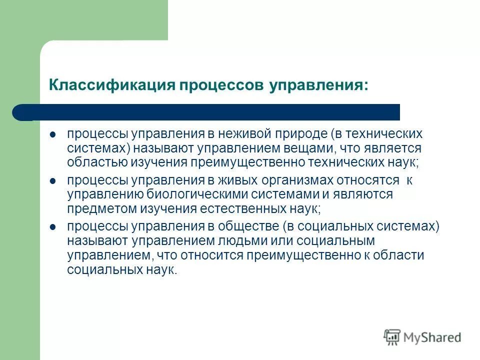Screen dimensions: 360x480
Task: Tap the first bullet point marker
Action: click(x=53, y=135)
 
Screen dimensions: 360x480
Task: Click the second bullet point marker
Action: click(x=53, y=181)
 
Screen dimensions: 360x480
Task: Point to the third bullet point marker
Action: click(x=53, y=227)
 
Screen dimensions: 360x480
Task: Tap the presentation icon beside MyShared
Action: click(x=392, y=337)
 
